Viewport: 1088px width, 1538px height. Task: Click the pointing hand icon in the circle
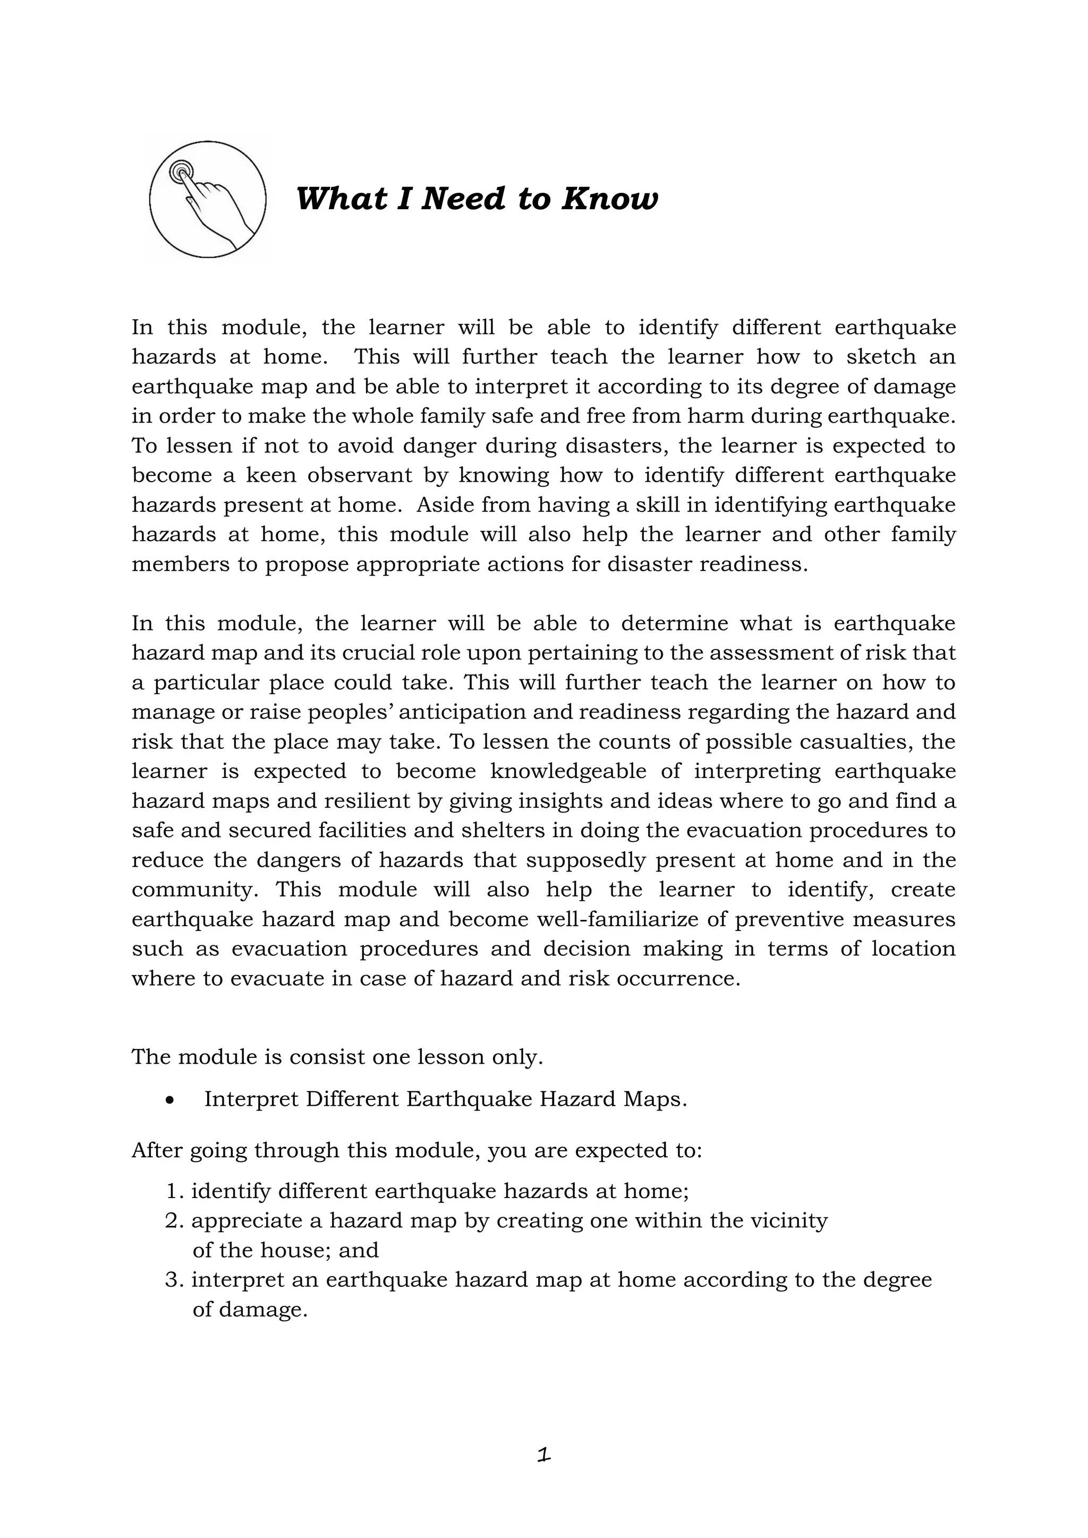(207, 200)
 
